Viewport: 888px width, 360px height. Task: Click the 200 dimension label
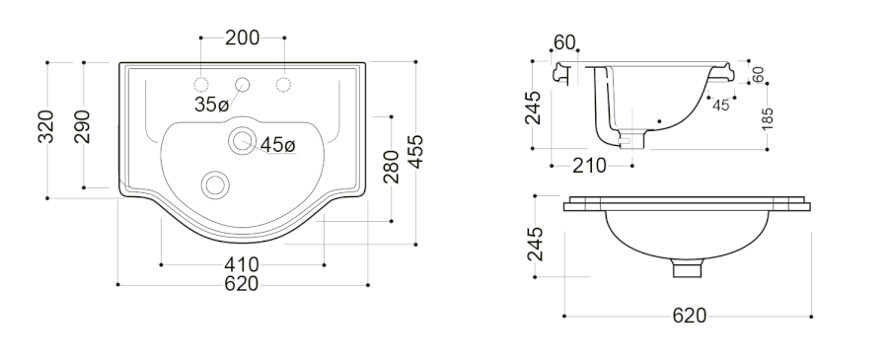coord(243,37)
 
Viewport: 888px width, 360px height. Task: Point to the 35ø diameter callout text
coord(211,105)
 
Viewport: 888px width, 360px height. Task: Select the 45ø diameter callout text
coord(277,145)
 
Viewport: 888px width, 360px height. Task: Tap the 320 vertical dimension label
coord(45,126)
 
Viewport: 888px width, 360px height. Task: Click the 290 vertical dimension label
coord(82,126)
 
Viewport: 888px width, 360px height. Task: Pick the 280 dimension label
coord(391,167)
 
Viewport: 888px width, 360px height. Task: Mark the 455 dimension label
coord(415,152)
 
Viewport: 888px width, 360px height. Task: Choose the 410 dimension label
coord(242,264)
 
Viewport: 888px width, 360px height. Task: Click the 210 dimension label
coord(589,166)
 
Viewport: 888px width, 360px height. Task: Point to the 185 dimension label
coord(768,119)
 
